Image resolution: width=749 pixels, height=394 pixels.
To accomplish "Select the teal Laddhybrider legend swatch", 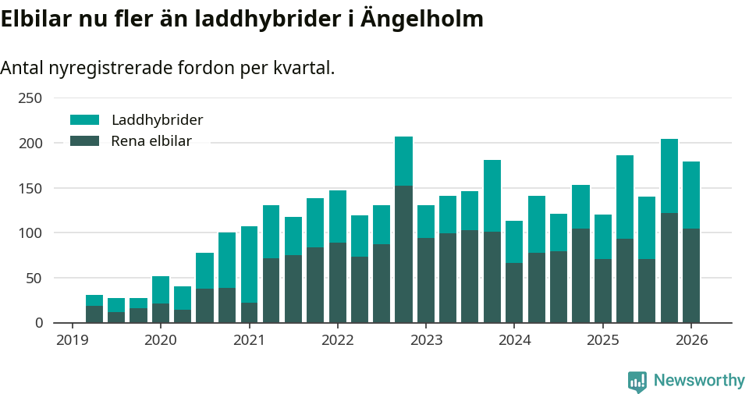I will click(x=85, y=120).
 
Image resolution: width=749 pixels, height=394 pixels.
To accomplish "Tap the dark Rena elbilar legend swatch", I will click(x=85, y=141).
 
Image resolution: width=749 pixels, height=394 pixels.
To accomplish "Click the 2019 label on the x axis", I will click(x=73, y=340).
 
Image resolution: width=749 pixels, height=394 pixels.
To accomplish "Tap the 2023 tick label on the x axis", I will click(x=426, y=340).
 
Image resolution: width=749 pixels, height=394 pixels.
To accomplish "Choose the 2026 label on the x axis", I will click(x=691, y=340).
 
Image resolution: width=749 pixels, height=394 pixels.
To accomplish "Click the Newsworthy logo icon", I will click(x=637, y=382).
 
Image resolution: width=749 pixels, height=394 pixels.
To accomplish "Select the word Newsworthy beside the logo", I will click(x=699, y=381).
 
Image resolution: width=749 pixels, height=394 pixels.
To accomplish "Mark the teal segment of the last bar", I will click(x=691, y=195).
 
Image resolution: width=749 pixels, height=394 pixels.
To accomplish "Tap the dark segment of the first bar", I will click(x=94, y=314).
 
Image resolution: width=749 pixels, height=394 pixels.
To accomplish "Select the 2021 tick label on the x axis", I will click(x=249, y=340).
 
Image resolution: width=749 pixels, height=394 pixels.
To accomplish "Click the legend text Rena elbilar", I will click(x=151, y=141).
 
